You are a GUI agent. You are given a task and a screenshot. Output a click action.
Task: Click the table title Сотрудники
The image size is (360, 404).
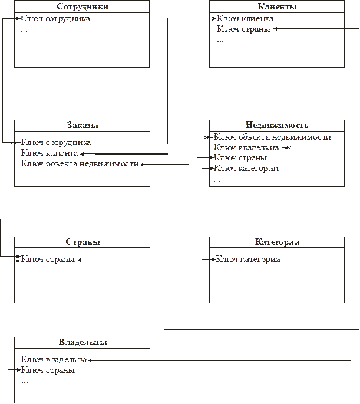[82, 6]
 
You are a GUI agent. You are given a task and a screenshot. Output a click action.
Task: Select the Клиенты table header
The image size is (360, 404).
[277, 6]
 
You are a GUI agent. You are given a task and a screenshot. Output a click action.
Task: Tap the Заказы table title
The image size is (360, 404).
[82, 125]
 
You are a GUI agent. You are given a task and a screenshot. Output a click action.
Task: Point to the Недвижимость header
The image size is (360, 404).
[277, 125]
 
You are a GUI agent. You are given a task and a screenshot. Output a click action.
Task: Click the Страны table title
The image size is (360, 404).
[82, 242]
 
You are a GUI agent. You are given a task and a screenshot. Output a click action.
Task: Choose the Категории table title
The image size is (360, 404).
[277, 242]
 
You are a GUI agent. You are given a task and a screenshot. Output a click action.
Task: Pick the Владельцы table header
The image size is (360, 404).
[83, 342]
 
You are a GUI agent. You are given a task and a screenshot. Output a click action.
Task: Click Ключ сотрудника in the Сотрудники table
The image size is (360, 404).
[55, 19]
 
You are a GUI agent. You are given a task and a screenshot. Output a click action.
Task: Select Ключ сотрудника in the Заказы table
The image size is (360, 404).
[56, 143]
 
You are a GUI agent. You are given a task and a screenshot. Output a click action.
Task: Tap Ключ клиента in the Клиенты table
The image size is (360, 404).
[245, 18]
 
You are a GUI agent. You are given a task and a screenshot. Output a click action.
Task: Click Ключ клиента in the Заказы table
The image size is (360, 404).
[49, 153]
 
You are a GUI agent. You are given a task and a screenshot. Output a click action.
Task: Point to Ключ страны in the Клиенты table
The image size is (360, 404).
[243, 29]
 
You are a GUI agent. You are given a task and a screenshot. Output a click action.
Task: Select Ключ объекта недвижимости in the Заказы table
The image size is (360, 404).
[80, 163]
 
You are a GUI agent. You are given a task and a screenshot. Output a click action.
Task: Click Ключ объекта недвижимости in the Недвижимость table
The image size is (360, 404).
[272, 137]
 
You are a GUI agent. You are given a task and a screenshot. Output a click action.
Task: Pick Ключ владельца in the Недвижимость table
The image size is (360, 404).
[246, 147]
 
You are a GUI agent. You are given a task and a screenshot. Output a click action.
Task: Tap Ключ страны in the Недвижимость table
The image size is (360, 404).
[240, 157]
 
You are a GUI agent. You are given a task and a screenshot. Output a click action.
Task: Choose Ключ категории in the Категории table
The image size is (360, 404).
[247, 259]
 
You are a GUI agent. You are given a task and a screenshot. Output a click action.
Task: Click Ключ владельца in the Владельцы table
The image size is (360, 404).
[54, 359]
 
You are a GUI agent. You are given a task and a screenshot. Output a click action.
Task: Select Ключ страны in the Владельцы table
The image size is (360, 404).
[48, 370]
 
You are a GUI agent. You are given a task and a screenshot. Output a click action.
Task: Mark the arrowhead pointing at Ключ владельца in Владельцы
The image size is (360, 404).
[90, 360]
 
